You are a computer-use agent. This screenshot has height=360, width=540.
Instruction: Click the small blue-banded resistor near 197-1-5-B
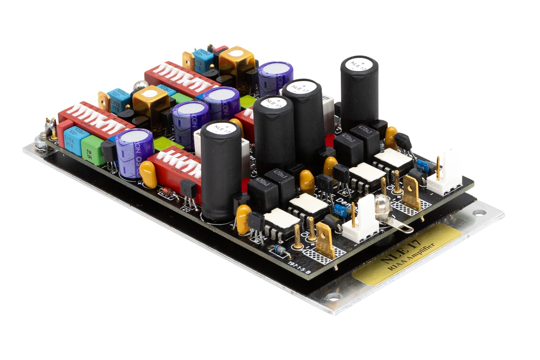tap(280, 251)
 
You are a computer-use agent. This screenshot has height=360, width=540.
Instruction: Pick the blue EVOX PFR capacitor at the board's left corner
tap(74, 137)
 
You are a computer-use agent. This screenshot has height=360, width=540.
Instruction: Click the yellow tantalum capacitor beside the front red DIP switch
tap(148, 173)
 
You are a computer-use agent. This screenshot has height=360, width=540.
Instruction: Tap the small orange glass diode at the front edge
tap(168, 193)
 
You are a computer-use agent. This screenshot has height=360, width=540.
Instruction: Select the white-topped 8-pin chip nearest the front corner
tap(278, 222)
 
